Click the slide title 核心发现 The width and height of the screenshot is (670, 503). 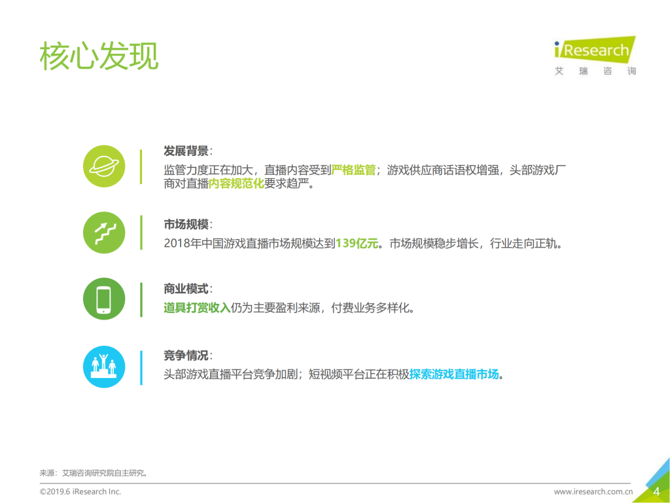coord(99,56)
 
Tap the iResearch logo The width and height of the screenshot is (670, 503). coord(594,56)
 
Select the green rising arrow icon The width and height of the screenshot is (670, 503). coord(104,233)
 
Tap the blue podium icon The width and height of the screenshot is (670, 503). coord(104,366)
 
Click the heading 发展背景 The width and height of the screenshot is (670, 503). coord(186,151)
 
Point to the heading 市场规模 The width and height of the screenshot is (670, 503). coord(186,224)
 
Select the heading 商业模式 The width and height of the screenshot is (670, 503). coord(186,288)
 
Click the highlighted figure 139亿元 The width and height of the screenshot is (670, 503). coord(357,244)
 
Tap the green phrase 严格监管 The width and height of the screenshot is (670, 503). coord(353,170)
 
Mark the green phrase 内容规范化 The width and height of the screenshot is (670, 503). coord(236,184)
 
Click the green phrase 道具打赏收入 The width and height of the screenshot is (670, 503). coord(197,308)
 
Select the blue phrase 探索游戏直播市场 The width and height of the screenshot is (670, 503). coord(454,375)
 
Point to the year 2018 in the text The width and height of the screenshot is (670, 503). coord(177,244)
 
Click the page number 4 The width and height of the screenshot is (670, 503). coord(656,491)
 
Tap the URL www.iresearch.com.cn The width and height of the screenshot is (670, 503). coord(593,491)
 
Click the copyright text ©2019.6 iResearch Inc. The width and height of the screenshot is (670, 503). coord(80,491)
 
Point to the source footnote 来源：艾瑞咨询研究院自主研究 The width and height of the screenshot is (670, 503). coord(94,472)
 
